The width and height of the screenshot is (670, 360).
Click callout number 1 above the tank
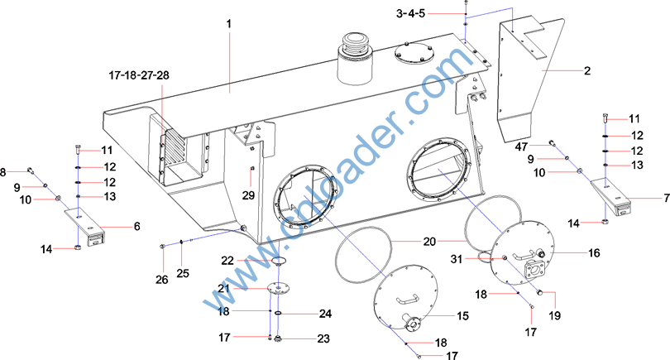point(228,23)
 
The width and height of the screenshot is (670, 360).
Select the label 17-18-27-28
point(139,75)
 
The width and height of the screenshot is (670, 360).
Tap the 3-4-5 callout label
point(410,14)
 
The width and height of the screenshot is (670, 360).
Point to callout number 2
point(587,70)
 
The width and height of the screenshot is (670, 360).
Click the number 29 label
point(248,195)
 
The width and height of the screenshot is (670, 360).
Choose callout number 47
point(521,147)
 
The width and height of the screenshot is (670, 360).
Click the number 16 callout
point(594,253)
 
